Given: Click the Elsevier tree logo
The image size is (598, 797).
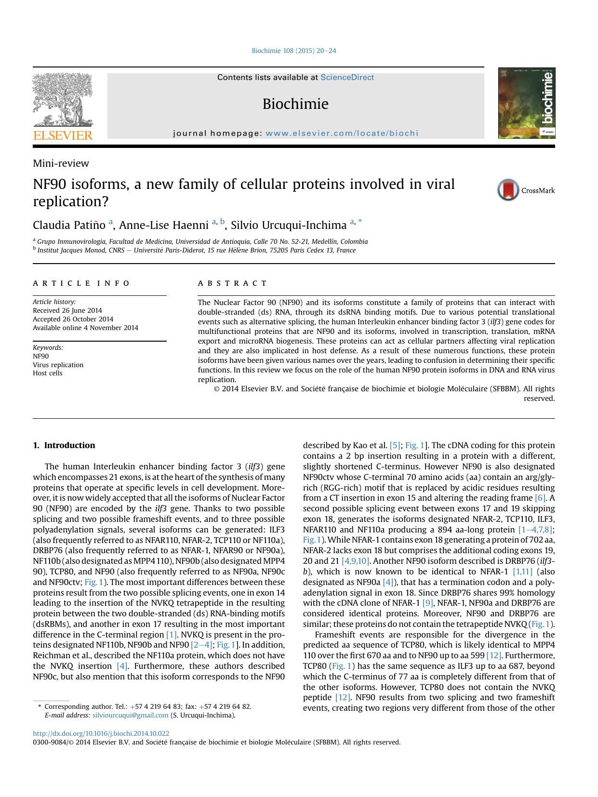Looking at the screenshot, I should [63, 100].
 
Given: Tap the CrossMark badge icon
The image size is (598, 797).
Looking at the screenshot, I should [508, 190].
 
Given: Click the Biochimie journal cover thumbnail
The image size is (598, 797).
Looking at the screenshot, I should [526, 103].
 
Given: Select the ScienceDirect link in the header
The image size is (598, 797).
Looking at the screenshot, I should [347, 78].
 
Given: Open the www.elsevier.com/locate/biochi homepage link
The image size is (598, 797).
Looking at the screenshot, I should [342, 133].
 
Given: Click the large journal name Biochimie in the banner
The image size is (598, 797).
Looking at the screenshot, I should [295, 104].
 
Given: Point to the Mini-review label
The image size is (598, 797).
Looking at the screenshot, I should [61, 163].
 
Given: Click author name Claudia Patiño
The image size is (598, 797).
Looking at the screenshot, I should [70, 226].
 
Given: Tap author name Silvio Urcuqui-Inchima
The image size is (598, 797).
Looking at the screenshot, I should [289, 226].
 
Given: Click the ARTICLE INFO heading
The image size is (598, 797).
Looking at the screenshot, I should [81, 283].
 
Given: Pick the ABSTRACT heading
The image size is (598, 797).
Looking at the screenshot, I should [232, 283].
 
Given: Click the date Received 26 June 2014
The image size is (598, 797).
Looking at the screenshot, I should [67, 311].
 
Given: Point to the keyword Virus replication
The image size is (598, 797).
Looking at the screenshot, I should [58, 365].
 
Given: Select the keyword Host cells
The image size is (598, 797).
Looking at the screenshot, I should [48, 373].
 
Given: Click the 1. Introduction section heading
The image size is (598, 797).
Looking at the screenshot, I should [64, 445].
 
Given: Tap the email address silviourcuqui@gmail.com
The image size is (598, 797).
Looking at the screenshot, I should [130, 715].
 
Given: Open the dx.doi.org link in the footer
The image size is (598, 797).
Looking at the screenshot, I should [101, 733].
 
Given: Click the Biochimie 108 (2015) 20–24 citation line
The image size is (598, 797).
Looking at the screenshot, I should [294, 51].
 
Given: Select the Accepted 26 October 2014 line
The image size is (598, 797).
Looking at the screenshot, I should [73, 319].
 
